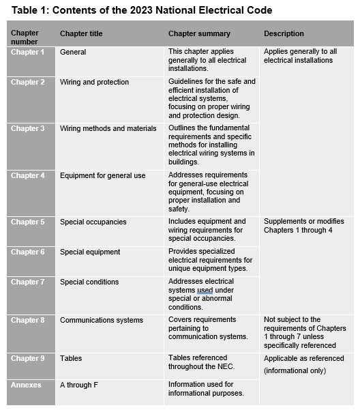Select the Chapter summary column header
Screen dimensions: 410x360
coord(199,33)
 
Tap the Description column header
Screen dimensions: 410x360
coord(284,33)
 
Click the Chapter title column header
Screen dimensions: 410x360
coord(85,33)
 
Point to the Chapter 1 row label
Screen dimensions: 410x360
coord(27,52)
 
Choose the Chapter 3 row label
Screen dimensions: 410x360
coord(27,128)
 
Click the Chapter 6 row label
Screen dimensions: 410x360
coord(27,252)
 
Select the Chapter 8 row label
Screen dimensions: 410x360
coord(27,320)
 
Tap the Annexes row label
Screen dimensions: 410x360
coord(26,385)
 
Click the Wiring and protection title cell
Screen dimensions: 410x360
coord(94,83)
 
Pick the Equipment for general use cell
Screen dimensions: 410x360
coord(102,175)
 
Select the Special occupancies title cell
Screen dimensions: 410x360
coord(93,222)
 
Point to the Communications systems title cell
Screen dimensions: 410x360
coord(102,320)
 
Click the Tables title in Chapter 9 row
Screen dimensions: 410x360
coord(71,358)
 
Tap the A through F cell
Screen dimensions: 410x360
coord(79,385)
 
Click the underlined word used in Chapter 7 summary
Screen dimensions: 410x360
coord(205,290)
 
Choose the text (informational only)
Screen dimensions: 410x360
coord(295,371)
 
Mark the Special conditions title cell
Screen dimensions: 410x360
coord(89,282)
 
